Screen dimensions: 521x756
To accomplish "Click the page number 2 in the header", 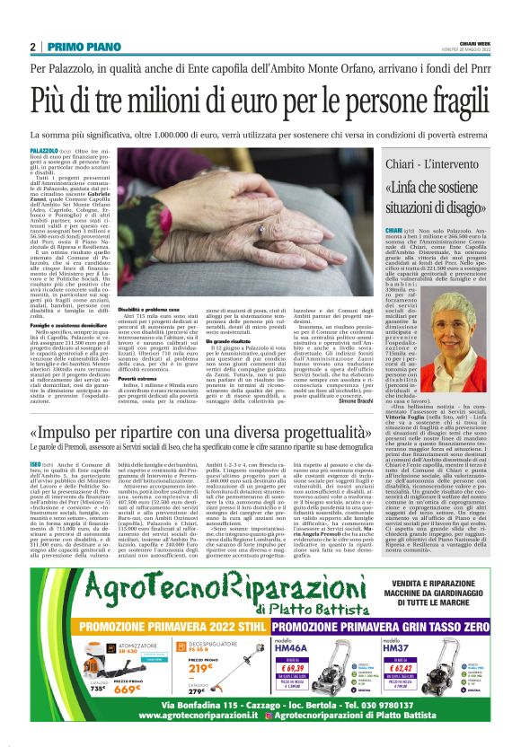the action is click(33, 47).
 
